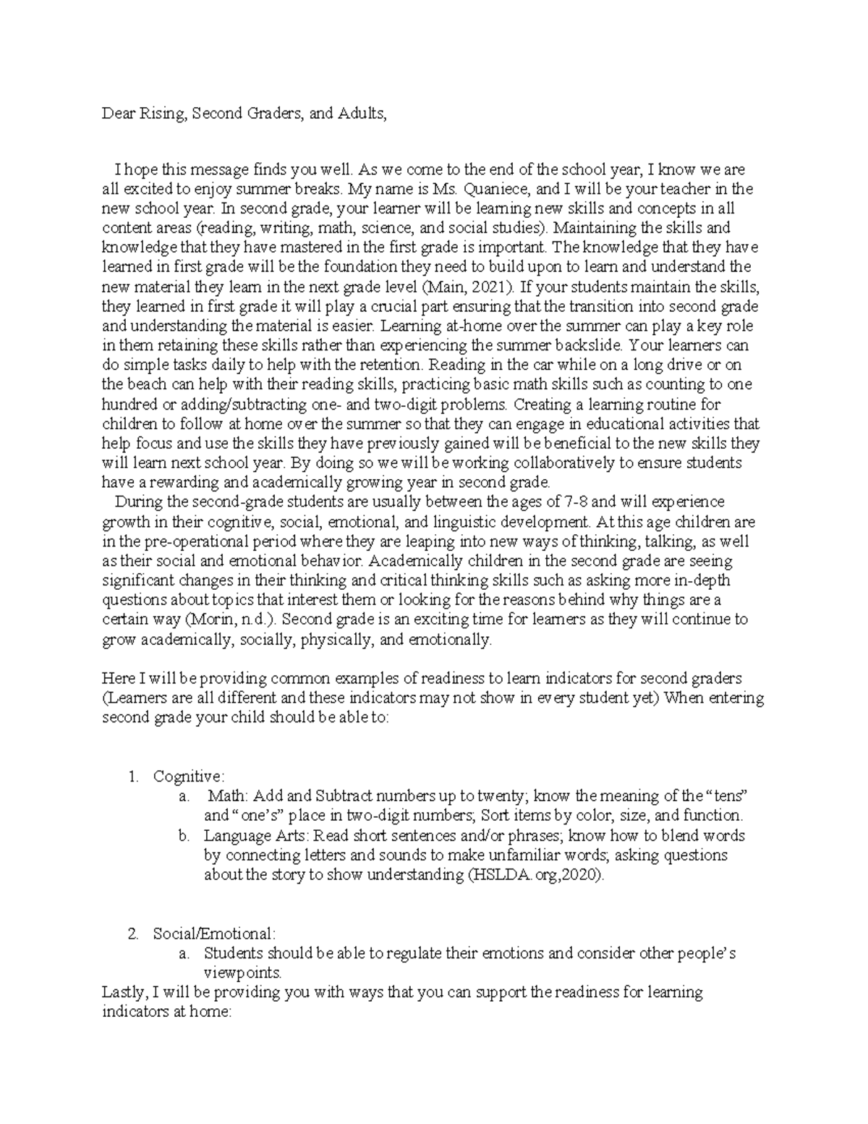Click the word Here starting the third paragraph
point(118,679)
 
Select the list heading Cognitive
point(188,777)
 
